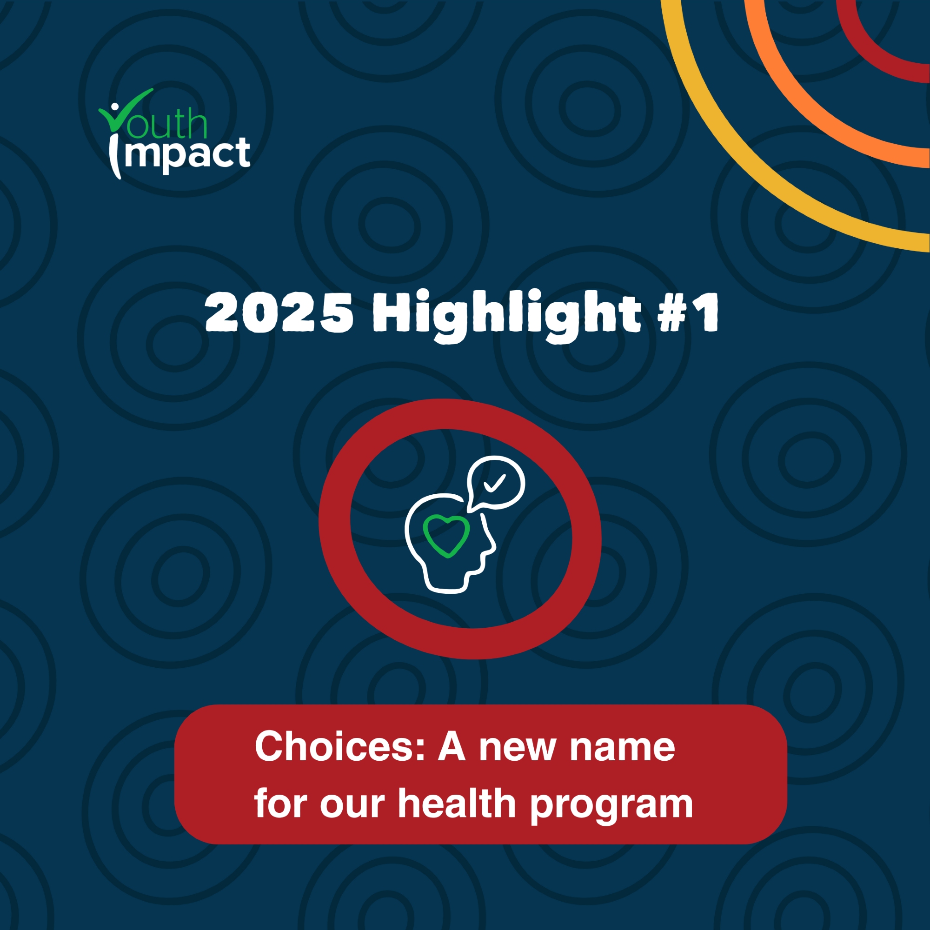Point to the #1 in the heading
tap(689, 313)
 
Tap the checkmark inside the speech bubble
tap(494, 483)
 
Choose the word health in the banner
tap(457, 804)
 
